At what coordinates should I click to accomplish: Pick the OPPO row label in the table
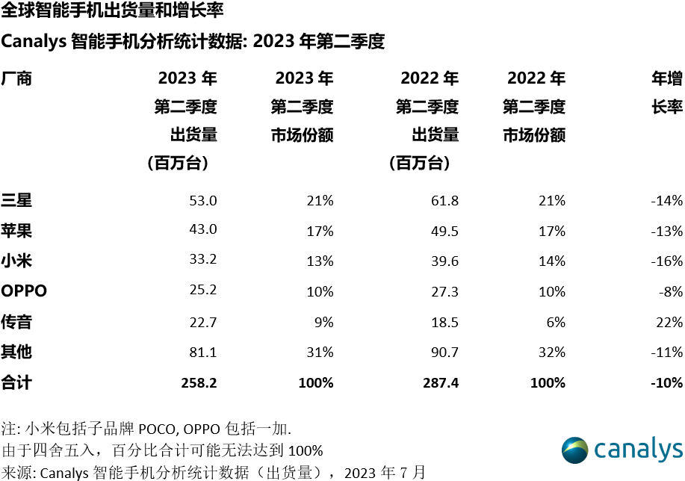24,291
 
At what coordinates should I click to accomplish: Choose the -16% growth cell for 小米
666,261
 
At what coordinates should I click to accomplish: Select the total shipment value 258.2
199,383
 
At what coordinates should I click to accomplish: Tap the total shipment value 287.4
440,383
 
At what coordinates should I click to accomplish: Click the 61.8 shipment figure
444,200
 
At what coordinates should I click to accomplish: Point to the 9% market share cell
323,322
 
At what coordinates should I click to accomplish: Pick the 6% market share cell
556,322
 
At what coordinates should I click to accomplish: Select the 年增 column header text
667,78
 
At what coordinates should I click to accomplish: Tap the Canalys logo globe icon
575,450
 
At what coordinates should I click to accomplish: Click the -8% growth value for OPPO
669,291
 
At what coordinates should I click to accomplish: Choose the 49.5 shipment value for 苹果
444,230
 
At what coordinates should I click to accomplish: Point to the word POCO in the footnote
156,429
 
